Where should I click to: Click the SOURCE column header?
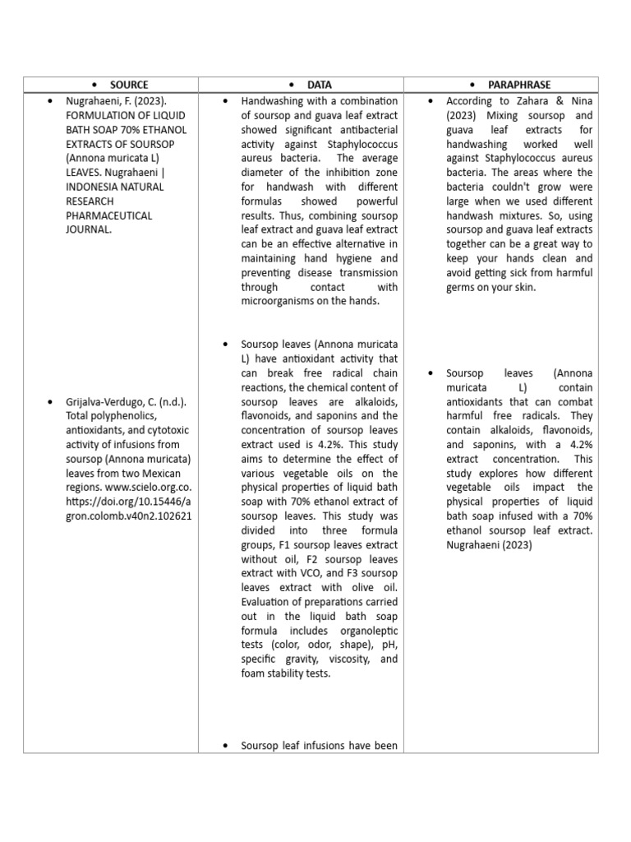[x=129, y=85]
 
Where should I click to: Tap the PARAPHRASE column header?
[x=520, y=85]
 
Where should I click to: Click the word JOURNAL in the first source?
[x=87, y=230]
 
